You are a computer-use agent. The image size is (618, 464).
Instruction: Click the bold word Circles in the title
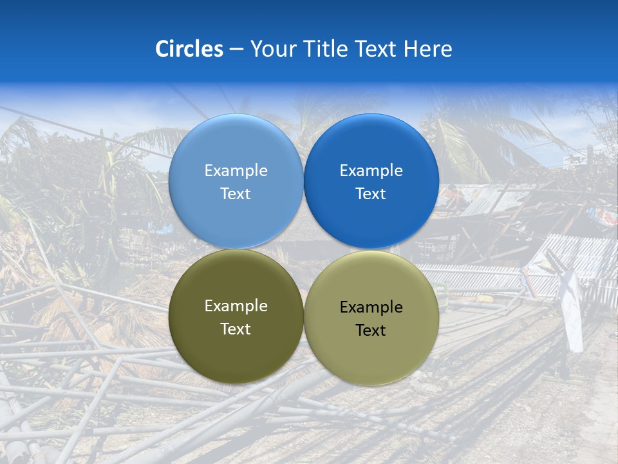189,49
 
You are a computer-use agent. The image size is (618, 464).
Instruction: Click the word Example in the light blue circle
236,171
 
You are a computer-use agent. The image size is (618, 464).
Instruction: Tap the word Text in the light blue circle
236,193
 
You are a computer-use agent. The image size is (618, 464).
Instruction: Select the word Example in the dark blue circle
371,171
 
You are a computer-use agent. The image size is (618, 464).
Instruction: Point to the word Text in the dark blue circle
371,193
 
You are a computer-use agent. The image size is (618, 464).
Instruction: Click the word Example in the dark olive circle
236,306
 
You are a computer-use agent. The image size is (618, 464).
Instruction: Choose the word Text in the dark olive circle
236,329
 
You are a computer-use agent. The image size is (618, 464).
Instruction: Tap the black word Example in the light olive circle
371,307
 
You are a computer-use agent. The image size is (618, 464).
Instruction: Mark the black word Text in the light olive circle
371,330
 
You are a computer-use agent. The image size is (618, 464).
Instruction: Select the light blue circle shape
236,219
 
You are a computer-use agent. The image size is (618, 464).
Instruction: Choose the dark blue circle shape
371,219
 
